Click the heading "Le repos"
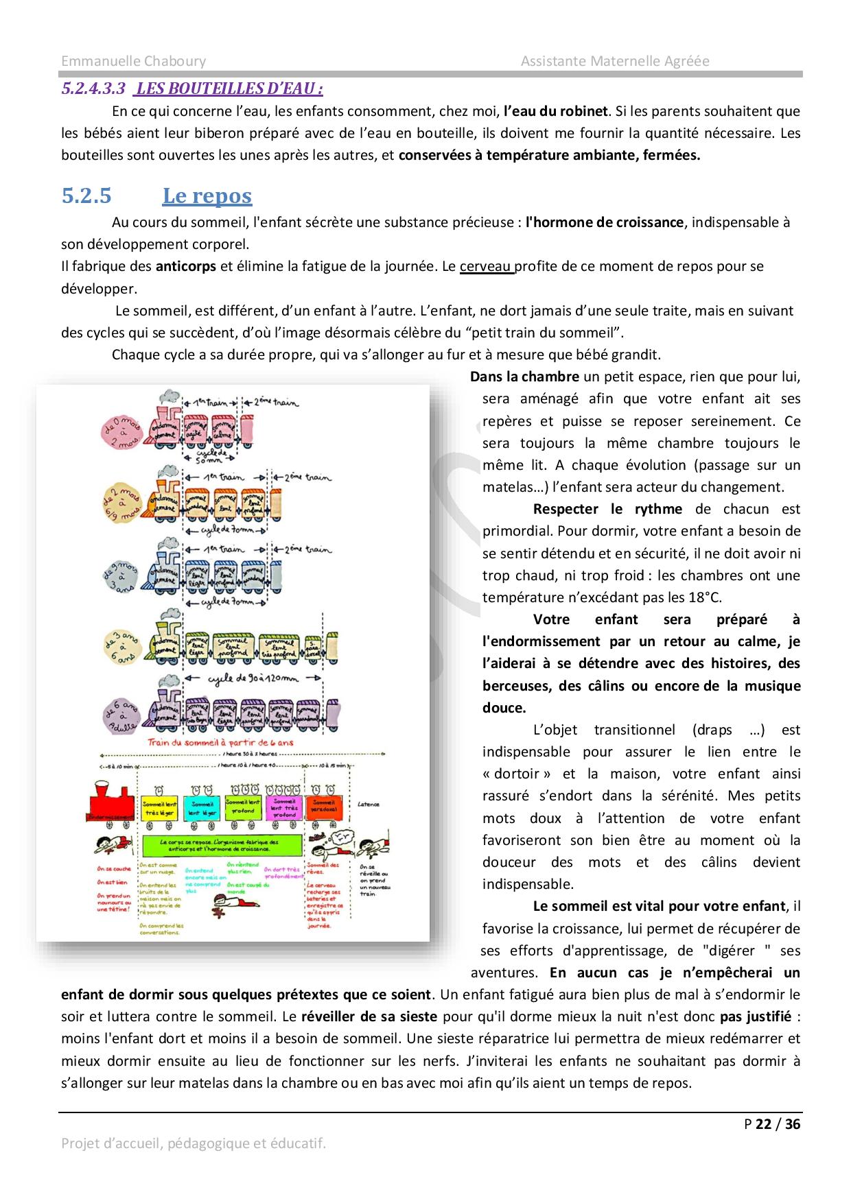(x=207, y=196)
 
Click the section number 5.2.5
(x=86, y=196)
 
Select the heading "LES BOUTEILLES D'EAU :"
(x=229, y=88)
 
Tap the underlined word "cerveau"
(x=486, y=266)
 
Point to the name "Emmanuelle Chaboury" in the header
(x=133, y=61)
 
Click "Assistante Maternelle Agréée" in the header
(x=614, y=61)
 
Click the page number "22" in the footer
(x=763, y=1124)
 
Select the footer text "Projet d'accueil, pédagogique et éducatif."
(x=194, y=1143)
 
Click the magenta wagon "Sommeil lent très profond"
(x=284, y=807)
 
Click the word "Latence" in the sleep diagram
(x=369, y=804)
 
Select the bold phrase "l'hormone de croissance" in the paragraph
(x=605, y=222)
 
